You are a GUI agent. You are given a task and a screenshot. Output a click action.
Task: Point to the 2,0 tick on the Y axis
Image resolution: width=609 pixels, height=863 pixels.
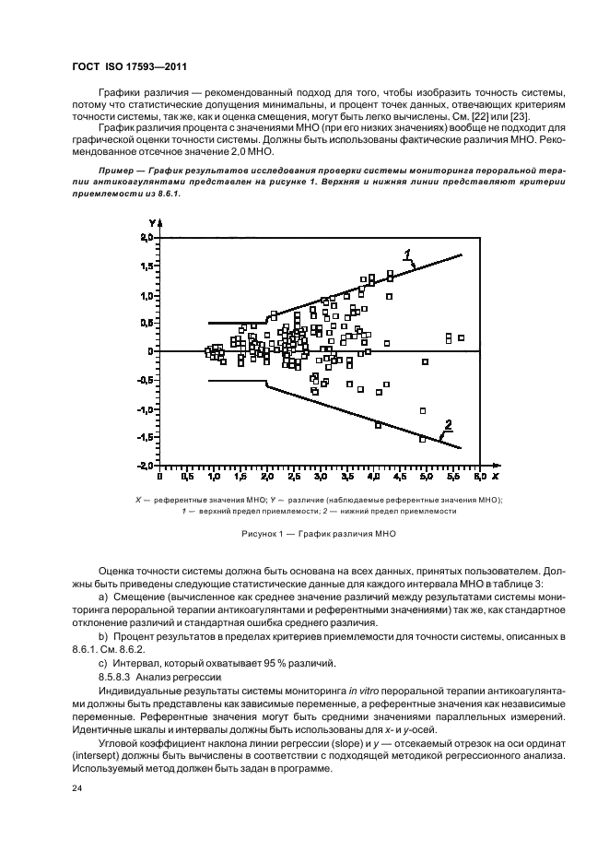145,238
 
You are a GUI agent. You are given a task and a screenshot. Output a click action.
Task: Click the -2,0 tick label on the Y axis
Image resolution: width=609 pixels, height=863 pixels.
143,466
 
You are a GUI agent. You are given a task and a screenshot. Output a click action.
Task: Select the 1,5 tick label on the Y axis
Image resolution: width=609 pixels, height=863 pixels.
145,266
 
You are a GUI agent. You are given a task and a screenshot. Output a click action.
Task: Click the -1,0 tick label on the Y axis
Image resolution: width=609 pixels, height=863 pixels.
143,408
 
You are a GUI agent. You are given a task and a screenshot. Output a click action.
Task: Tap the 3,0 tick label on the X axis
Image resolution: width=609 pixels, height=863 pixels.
320,479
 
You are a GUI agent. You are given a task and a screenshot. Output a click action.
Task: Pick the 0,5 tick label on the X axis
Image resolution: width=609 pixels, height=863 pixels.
186,479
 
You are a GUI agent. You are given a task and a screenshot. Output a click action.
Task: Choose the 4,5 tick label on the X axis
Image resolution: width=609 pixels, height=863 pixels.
400,479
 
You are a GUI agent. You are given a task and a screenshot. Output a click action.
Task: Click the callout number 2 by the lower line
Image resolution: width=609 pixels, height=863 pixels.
448,425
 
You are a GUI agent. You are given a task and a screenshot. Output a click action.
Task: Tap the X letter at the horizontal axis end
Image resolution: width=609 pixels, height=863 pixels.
495,478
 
